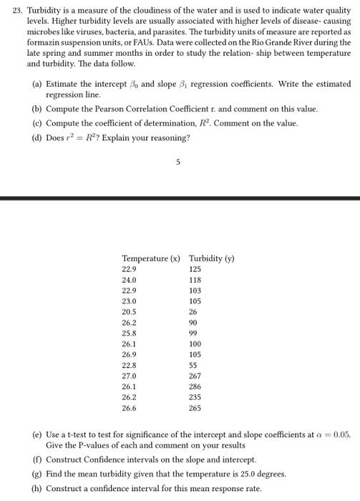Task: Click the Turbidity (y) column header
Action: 211,258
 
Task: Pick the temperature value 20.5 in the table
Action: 130,311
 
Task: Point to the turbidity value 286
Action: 195,386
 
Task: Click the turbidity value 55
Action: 193,365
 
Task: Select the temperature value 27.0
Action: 130,376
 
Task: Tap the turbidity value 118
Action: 195,280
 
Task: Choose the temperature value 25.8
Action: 130,334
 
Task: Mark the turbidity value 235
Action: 195,397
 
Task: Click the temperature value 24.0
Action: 130,280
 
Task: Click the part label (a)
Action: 37,84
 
